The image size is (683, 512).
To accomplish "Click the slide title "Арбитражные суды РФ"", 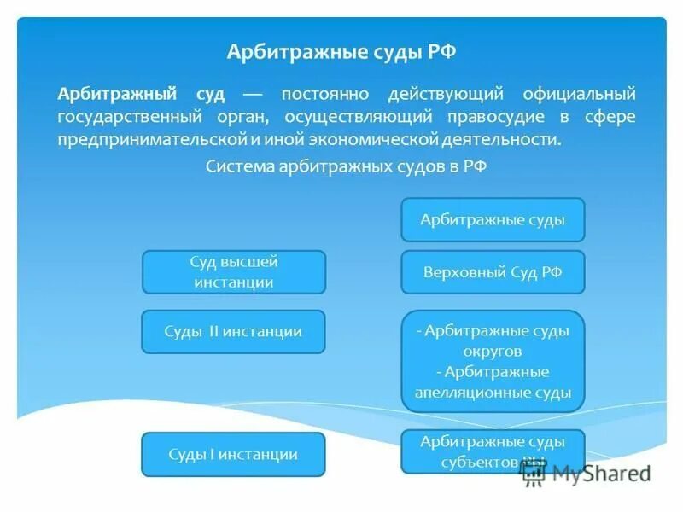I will [x=341, y=52].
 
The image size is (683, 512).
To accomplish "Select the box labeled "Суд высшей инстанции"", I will [x=233, y=272].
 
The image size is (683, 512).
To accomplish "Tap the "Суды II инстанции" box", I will [x=233, y=331].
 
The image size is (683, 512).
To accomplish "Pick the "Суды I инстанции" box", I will [x=233, y=454].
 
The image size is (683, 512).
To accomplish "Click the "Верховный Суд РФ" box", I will [x=493, y=272].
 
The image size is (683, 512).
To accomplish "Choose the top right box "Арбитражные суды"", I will [x=493, y=219].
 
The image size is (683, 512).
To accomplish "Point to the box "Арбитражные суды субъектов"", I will [x=493, y=451].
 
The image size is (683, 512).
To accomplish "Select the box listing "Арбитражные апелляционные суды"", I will [x=493, y=361].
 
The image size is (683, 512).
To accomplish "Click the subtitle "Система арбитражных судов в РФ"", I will [x=346, y=166].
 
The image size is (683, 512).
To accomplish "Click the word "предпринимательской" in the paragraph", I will [x=140, y=138].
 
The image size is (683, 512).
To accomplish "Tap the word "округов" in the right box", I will [x=493, y=351].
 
